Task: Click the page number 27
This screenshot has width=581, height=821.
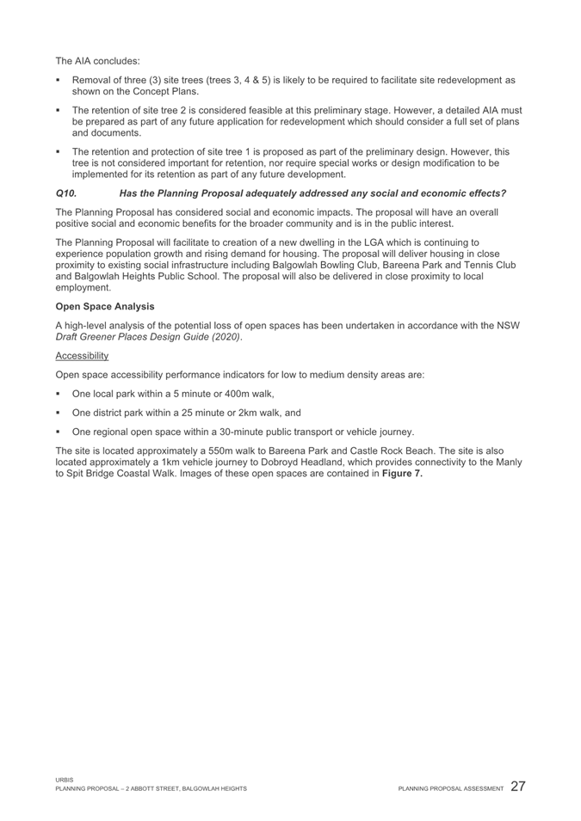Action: tap(519, 786)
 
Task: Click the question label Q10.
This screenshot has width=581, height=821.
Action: tap(66, 195)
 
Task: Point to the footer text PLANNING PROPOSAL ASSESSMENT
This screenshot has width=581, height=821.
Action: tap(450, 789)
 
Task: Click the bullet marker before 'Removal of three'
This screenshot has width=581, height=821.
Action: tap(60, 80)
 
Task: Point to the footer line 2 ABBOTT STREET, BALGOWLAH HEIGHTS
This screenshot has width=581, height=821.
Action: tap(181, 789)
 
